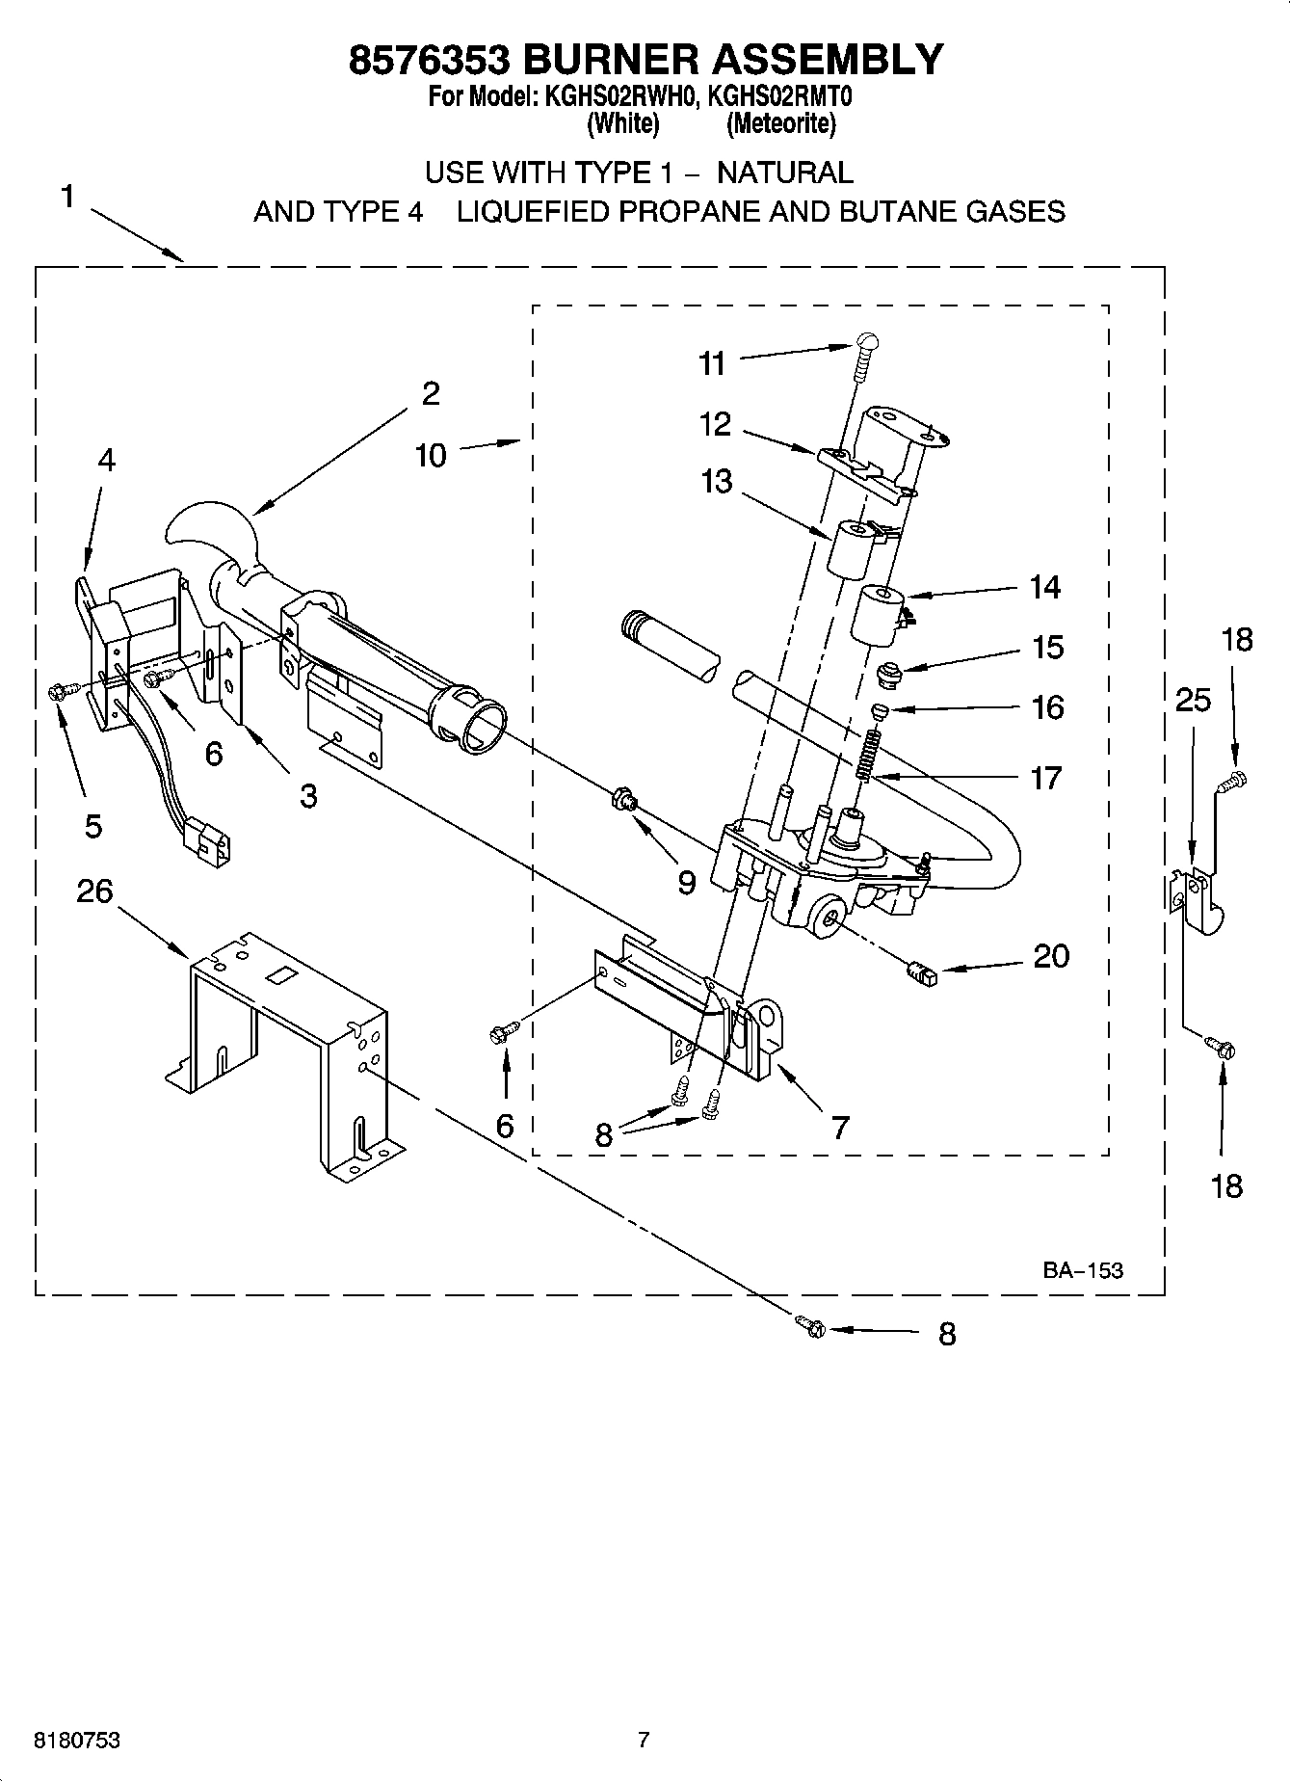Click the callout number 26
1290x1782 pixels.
tap(94, 891)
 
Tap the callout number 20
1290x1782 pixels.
tap(1051, 956)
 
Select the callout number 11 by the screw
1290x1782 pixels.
tap(712, 363)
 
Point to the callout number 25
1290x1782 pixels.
tap(1193, 700)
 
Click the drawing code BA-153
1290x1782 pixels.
tap(1083, 1270)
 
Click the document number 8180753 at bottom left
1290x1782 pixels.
tap(77, 1740)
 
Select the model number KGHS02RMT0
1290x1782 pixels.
tap(780, 97)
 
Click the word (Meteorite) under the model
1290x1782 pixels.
tap(781, 123)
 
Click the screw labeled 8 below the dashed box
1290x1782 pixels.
tap(811, 1327)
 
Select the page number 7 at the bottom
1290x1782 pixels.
tap(644, 1740)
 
